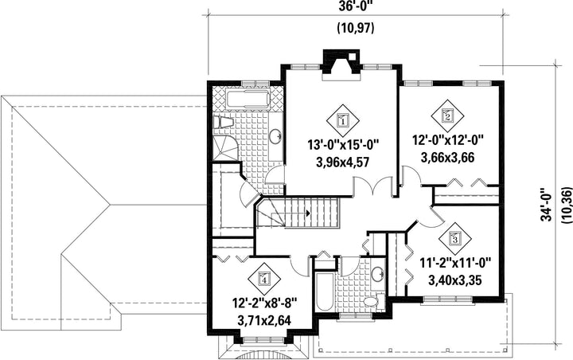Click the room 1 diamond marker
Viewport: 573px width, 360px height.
tap(343, 119)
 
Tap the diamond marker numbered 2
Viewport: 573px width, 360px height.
tap(447, 115)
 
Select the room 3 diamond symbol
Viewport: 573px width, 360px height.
tap(455, 238)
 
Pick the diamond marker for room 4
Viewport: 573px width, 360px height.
tap(264, 279)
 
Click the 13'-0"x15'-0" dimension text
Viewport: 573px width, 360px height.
tap(342, 145)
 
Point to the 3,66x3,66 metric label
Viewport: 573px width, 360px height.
tap(447, 158)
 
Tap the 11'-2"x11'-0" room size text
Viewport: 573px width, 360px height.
tap(455, 263)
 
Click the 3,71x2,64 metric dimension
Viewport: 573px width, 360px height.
tap(264, 321)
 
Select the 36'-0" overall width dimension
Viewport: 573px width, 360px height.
tap(355, 6)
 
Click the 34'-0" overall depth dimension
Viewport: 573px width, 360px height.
tap(547, 205)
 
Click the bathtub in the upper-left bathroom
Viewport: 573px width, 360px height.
tap(248, 100)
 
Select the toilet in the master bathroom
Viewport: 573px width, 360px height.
tap(224, 122)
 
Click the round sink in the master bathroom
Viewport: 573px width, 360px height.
tap(275, 136)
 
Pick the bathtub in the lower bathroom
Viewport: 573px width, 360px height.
tap(325, 291)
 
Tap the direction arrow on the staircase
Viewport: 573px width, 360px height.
tap(309, 213)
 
